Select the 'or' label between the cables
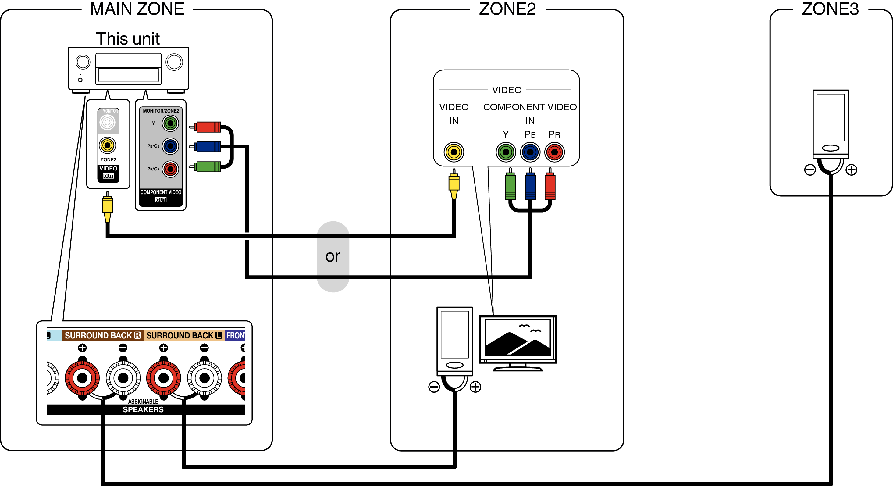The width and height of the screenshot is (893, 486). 333,256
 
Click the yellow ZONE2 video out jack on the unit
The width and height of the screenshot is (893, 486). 108,145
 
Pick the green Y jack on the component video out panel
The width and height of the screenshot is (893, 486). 170,123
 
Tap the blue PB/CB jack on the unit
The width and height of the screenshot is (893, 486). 170,146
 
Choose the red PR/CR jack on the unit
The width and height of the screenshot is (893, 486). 170,169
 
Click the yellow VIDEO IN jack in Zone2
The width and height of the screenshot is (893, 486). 454,152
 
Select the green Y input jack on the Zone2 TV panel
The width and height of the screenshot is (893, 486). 506,152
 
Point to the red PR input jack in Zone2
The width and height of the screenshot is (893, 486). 554,152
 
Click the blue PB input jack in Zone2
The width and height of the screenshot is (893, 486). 530,152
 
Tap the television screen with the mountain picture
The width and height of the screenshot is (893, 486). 518,338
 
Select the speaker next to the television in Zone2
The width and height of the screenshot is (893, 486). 454,340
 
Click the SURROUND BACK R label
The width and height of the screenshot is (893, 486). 103,335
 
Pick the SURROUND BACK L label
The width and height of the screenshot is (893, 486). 184,335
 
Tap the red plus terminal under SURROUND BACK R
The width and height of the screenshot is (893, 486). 82,378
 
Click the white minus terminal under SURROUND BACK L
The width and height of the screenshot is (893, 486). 205,378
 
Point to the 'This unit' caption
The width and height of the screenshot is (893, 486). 128,38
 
